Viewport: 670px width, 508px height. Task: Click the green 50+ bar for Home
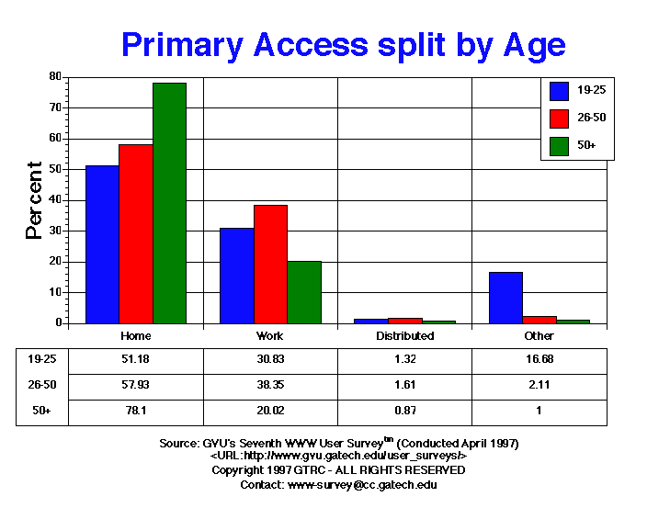[169, 203]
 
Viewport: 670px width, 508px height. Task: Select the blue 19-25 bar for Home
[102, 244]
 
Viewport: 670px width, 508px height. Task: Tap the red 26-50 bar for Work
[270, 264]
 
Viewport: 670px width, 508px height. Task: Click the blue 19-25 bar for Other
[505, 298]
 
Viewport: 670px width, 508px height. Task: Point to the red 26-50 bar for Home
[136, 233]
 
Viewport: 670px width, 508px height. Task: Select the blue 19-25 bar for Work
[236, 276]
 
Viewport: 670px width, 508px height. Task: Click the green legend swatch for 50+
[559, 145]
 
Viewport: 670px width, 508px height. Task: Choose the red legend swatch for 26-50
[559, 118]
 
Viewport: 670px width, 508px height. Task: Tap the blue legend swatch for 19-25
[559, 90]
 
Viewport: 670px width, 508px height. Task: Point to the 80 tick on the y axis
[55, 76]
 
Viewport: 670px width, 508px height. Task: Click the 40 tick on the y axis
[55, 200]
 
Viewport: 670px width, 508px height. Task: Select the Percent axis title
[35, 200]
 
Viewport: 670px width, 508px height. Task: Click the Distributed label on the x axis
[405, 336]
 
